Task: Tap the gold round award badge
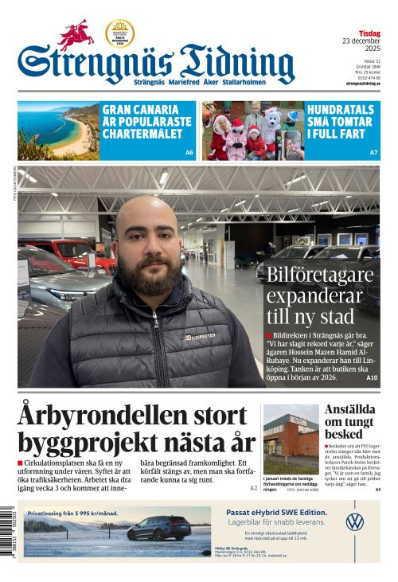coord(119,33)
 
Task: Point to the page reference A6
coord(189,152)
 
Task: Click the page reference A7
coord(374,152)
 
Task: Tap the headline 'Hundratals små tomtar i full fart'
coord(343,123)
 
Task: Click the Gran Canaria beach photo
coord(57,131)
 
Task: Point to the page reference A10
coord(372,377)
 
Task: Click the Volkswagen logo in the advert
coord(355,522)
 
